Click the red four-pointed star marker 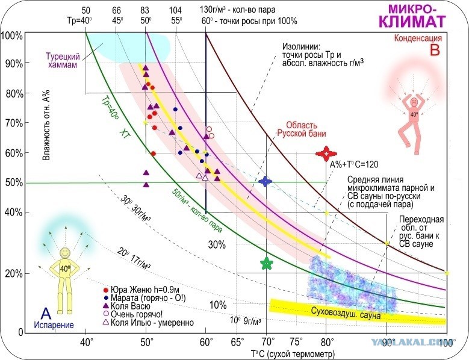point(325,153)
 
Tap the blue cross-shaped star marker point(266,181)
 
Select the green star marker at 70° point(266,263)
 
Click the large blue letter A point(45,312)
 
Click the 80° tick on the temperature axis point(326,343)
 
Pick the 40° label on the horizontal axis point(87,343)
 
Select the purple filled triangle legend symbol point(106,305)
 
